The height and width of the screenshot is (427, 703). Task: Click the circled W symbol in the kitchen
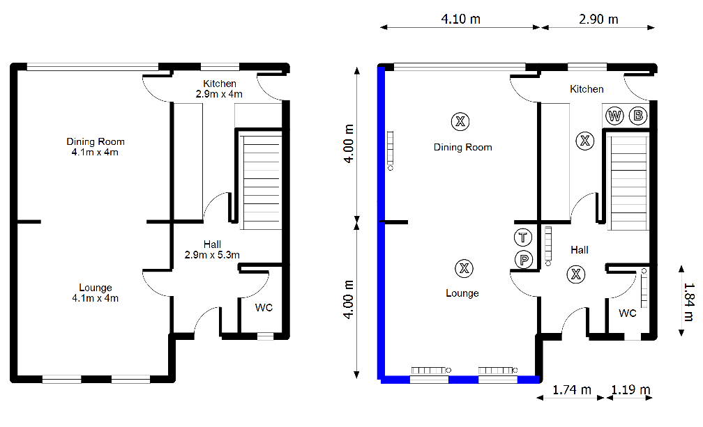[614, 116]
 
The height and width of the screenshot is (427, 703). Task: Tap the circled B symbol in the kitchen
[637, 116]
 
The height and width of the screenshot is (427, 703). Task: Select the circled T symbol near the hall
[522, 237]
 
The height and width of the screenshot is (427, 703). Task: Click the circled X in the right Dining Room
[460, 122]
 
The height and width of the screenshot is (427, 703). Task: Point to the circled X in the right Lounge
[463, 267]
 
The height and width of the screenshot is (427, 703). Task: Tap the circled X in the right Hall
[576, 274]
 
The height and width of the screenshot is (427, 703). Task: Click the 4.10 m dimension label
[460, 19]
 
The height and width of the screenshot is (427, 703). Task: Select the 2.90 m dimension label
[598, 19]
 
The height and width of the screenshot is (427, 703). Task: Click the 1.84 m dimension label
[689, 300]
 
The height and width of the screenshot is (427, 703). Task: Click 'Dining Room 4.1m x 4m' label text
[96, 147]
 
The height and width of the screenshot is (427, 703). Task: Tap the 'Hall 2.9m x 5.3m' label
[212, 249]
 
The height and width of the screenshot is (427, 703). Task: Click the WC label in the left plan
[264, 307]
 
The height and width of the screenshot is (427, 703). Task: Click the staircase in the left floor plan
[261, 181]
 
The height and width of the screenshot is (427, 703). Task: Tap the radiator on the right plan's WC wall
[644, 288]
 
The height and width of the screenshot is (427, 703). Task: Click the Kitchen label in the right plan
[587, 89]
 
